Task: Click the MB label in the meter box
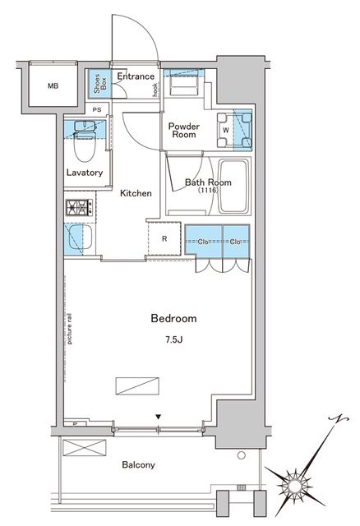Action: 53,85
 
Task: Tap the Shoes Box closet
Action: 98,84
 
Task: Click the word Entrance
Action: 136,76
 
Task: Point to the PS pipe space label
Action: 97,109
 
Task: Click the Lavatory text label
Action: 84,173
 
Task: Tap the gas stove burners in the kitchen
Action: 78,209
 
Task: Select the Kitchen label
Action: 136,193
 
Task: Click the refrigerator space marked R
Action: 164,239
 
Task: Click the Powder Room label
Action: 185,131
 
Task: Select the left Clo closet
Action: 203,241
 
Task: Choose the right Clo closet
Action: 235,241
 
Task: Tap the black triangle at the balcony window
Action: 157,417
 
